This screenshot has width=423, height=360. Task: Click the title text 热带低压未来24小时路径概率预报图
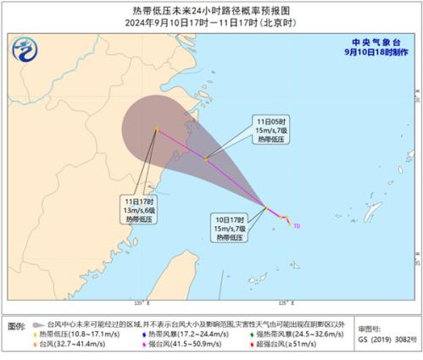coord(212,9)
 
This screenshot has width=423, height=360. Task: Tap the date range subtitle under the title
coord(212,23)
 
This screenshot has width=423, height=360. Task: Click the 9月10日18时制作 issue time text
coord(376,51)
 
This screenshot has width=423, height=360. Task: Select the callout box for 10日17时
coord(229,226)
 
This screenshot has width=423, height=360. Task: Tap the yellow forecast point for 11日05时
coord(206,158)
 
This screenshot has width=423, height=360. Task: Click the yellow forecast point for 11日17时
coord(157,130)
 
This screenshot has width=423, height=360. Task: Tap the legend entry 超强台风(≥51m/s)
coord(271,345)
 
